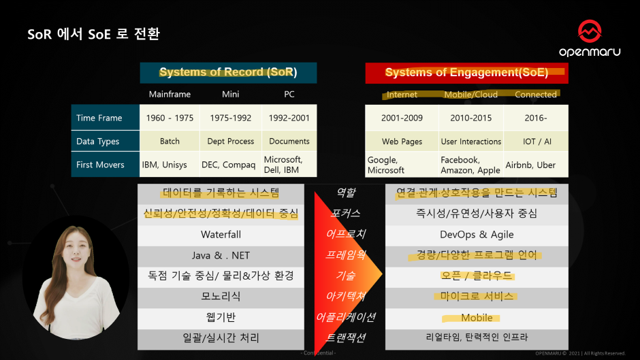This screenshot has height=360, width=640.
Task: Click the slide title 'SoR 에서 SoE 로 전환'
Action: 94,34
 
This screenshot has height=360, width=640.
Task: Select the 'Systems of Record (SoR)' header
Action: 228,73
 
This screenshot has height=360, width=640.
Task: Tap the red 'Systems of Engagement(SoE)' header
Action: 466,73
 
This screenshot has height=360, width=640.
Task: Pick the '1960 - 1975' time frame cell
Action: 170,118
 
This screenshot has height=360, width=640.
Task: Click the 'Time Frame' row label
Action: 99,118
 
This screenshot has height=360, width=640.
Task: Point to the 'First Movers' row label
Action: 101,165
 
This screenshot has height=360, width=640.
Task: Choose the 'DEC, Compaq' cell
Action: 231,165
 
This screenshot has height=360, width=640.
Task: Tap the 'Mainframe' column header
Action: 170,95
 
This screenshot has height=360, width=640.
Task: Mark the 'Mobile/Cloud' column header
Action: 470,95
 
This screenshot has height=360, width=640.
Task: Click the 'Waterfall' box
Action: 221,235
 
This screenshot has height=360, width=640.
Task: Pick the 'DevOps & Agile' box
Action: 477,235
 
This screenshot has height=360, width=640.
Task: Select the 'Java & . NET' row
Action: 221,256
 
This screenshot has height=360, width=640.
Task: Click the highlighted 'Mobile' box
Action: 477,318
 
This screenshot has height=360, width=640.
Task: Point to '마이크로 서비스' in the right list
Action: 477,297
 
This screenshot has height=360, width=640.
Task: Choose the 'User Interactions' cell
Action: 470,142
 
